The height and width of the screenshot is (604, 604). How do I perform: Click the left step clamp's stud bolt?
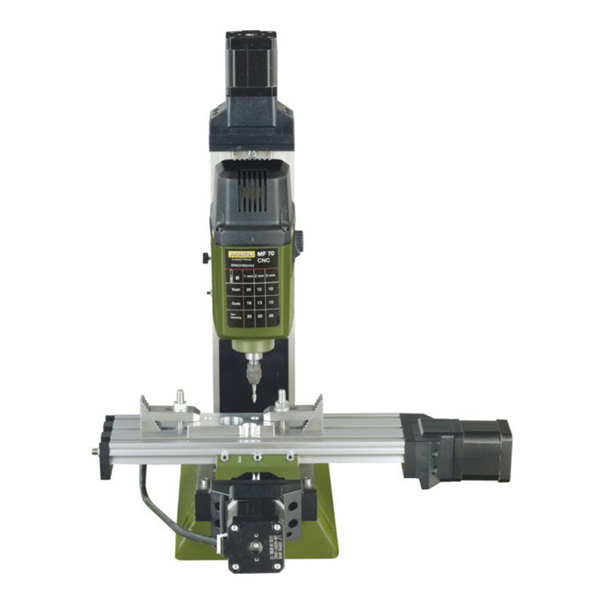point(180,398)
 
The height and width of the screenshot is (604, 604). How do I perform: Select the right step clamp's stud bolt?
point(282,398)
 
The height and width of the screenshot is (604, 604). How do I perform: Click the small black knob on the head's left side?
point(205,258)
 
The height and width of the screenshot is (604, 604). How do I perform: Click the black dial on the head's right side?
point(298,242)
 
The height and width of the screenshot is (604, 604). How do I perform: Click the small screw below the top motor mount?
point(251,154)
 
